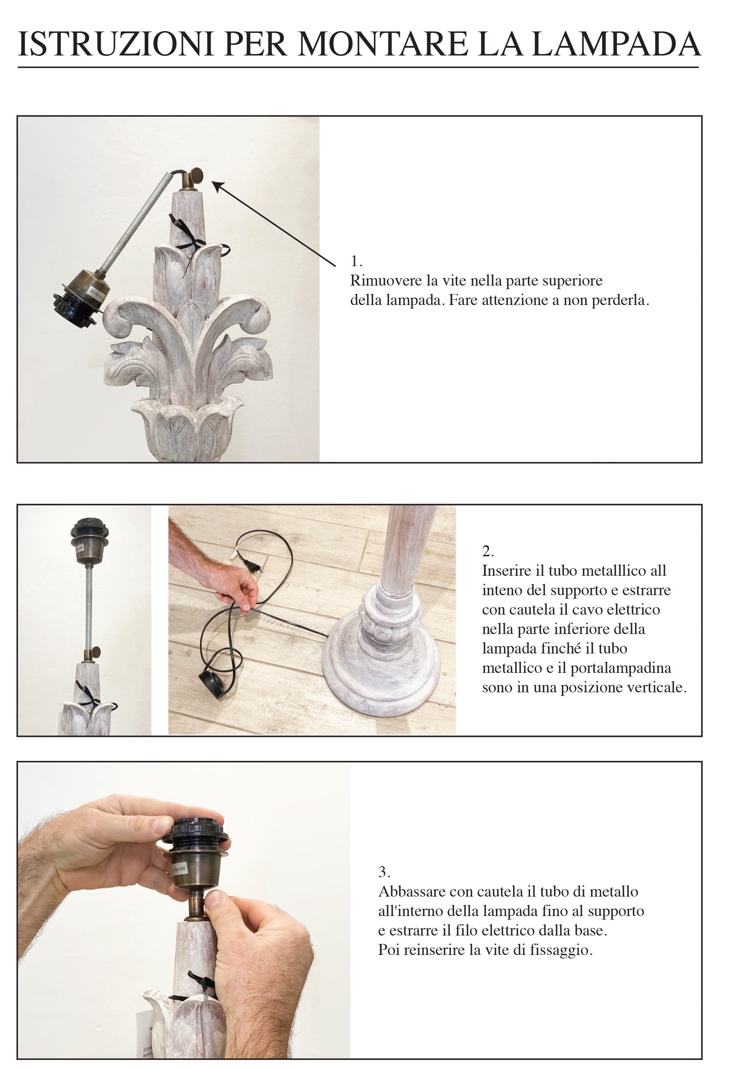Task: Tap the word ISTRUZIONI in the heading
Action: (115, 44)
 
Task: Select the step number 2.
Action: (488, 551)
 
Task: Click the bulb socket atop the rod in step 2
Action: (89, 540)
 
